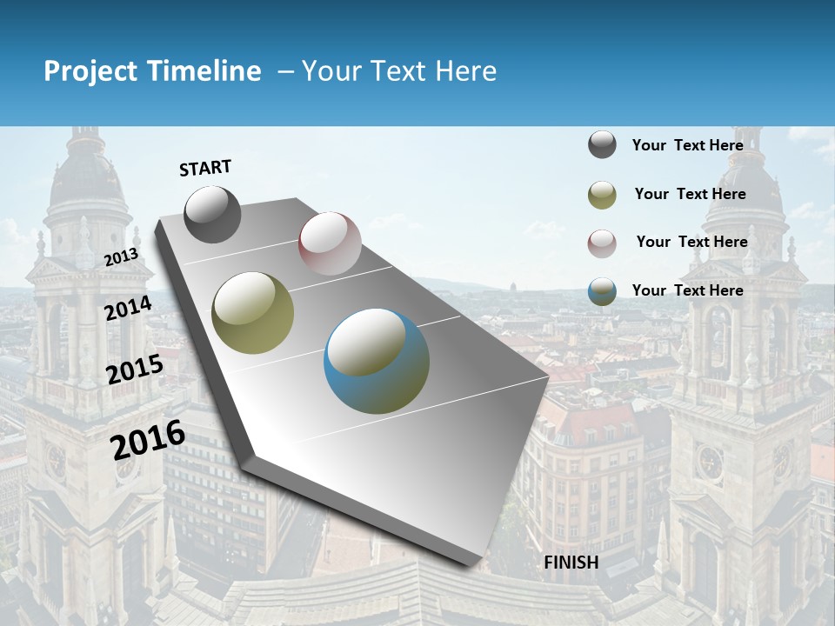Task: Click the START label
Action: (x=205, y=168)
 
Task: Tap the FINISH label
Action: (x=571, y=563)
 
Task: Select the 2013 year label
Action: (x=121, y=256)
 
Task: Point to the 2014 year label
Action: (x=128, y=309)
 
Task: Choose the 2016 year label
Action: (x=148, y=439)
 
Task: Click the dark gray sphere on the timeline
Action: (x=212, y=214)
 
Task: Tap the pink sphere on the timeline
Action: (x=330, y=243)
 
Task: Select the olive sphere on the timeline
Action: (x=253, y=313)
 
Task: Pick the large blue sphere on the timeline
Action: (x=377, y=361)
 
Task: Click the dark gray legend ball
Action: (x=602, y=145)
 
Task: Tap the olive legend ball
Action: (x=602, y=195)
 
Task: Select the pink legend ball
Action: (x=602, y=243)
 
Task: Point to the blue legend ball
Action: (x=602, y=291)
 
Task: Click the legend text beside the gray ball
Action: (x=687, y=145)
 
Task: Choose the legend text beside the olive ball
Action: (x=690, y=194)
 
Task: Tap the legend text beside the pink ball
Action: (x=691, y=242)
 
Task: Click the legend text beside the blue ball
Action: (x=687, y=290)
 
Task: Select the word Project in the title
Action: (x=90, y=71)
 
